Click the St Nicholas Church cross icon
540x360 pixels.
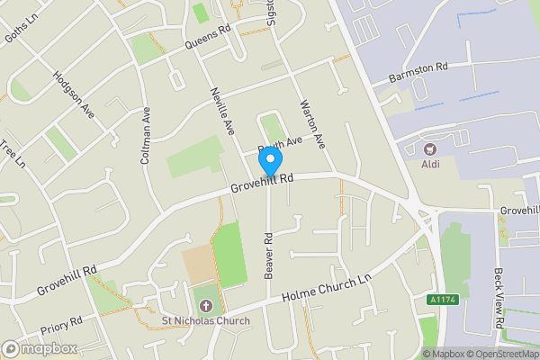202,305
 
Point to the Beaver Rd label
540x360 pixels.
268,256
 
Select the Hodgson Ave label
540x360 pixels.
74,94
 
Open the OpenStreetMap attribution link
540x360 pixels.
500,354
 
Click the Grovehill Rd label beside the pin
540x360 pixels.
262,183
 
